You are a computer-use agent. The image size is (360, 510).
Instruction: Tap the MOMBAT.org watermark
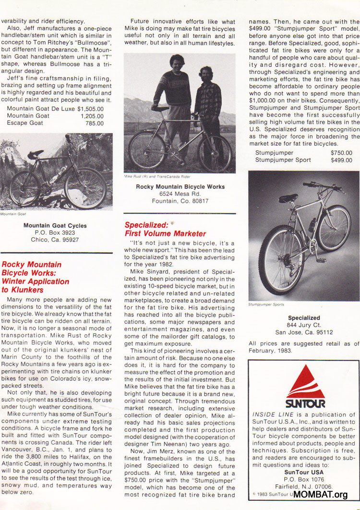tap(320, 494)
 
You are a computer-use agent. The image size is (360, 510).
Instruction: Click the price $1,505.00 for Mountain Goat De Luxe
tap(90, 109)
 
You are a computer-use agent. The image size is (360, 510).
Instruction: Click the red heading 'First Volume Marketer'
tap(165, 233)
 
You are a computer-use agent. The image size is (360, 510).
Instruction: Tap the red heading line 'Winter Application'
tap(36, 281)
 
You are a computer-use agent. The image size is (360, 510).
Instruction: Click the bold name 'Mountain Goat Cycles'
tap(55, 225)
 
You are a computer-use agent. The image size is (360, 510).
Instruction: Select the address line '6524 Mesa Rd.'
tap(180, 194)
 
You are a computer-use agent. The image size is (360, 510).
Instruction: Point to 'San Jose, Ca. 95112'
tap(304, 332)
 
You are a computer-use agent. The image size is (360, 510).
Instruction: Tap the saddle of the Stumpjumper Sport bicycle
tap(288, 198)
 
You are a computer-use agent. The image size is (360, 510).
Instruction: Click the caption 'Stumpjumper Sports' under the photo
tap(266, 304)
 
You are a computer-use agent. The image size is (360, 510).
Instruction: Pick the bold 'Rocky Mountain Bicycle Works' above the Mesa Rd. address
tap(180, 186)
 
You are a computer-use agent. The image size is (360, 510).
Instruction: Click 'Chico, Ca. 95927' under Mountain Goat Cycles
tap(55, 239)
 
